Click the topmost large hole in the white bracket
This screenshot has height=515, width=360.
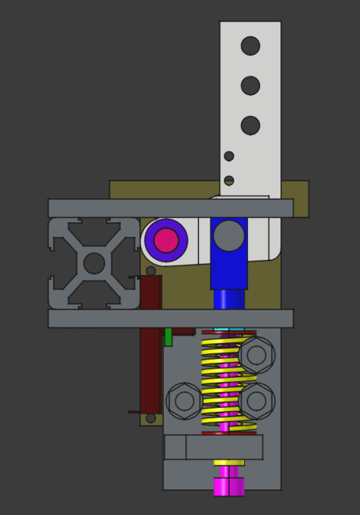[x=250, y=46]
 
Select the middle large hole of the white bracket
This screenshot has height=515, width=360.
[x=250, y=85]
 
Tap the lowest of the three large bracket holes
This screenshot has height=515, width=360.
[x=250, y=126]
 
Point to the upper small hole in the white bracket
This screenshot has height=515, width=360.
[x=229, y=156]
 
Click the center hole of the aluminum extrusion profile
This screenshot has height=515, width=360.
[x=94, y=263]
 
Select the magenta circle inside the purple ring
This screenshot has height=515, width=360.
[x=166, y=240]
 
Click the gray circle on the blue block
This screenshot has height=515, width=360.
[x=229, y=236]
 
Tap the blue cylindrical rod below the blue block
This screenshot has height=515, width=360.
[x=229, y=299]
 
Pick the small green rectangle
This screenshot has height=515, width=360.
[x=168, y=336]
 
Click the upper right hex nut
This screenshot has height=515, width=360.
[x=257, y=354]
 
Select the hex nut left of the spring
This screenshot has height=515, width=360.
[x=184, y=401]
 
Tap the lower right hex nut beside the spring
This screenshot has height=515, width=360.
[x=257, y=400]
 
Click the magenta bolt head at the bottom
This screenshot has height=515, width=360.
[x=229, y=487]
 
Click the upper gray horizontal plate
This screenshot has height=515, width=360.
[x=170, y=208]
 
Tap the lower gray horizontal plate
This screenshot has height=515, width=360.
[x=170, y=318]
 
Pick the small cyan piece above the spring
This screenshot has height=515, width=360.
[x=229, y=329]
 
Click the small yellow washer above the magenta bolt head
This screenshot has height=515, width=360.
[x=229, y=463]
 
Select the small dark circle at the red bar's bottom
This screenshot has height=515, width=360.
[x=151, y=418]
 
